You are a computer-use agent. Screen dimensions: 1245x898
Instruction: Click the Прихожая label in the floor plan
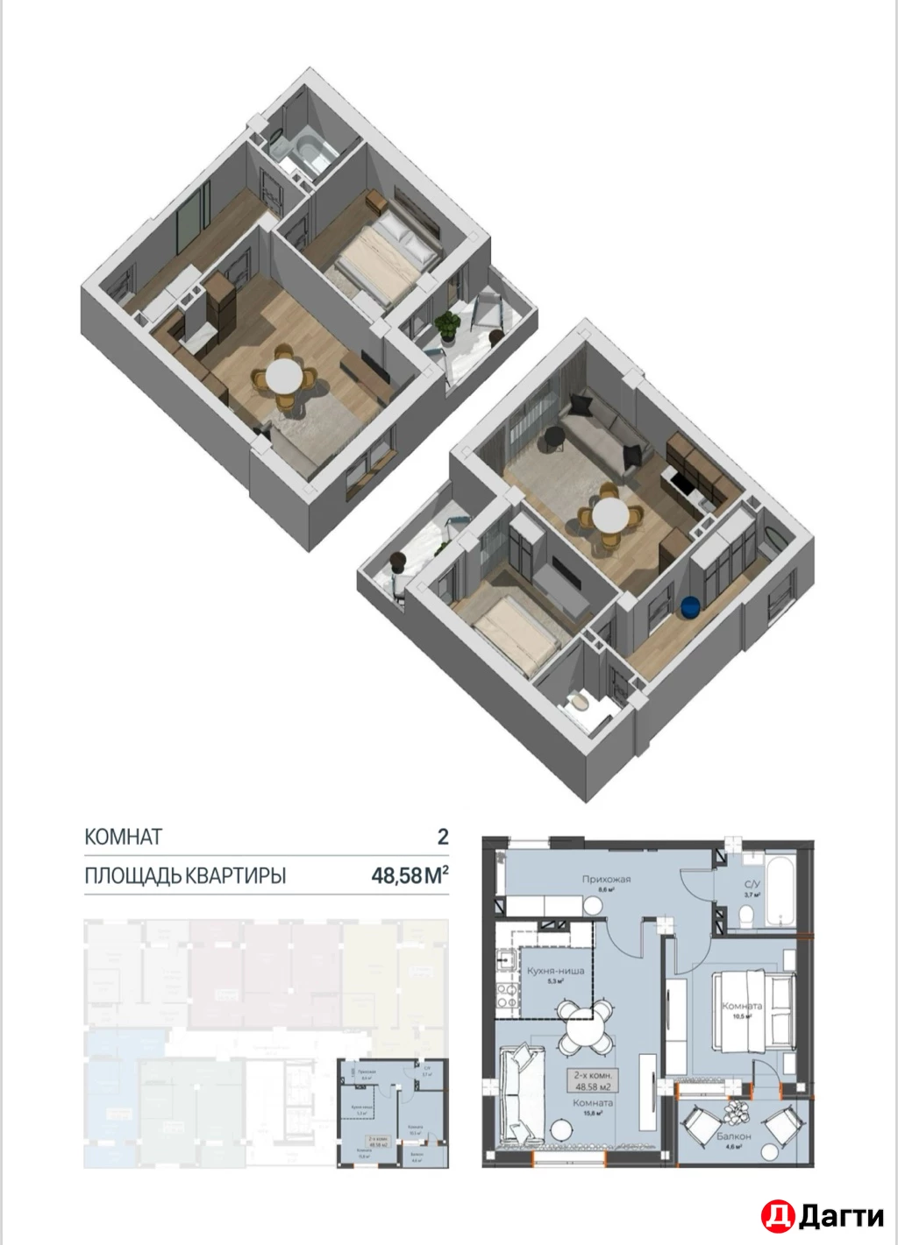(606, 879)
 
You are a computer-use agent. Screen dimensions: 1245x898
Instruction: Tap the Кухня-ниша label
(554, 971)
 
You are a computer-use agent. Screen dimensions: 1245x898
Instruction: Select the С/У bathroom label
(752, 885)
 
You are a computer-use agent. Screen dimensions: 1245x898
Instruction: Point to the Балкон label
(733, 1135)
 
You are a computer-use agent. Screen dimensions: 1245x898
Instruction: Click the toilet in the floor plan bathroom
(746, 916)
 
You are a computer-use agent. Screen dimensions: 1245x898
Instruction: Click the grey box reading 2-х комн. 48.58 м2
(593, 1079)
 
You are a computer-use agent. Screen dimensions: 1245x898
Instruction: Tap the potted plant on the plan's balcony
(734, 1113)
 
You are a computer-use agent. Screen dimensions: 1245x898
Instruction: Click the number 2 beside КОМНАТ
(443, 837)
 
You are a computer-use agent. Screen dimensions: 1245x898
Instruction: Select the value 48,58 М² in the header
(410, 874)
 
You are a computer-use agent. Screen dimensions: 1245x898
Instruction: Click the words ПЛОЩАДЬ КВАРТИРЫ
(185, 875)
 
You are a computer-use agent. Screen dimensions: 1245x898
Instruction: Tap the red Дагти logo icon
(778, 1215)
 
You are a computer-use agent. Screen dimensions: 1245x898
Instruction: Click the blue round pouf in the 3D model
(691, 606)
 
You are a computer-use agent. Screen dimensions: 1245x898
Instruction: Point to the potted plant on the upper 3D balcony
(448, 324)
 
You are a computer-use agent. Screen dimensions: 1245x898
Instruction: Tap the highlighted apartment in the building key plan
(393, 1113)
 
